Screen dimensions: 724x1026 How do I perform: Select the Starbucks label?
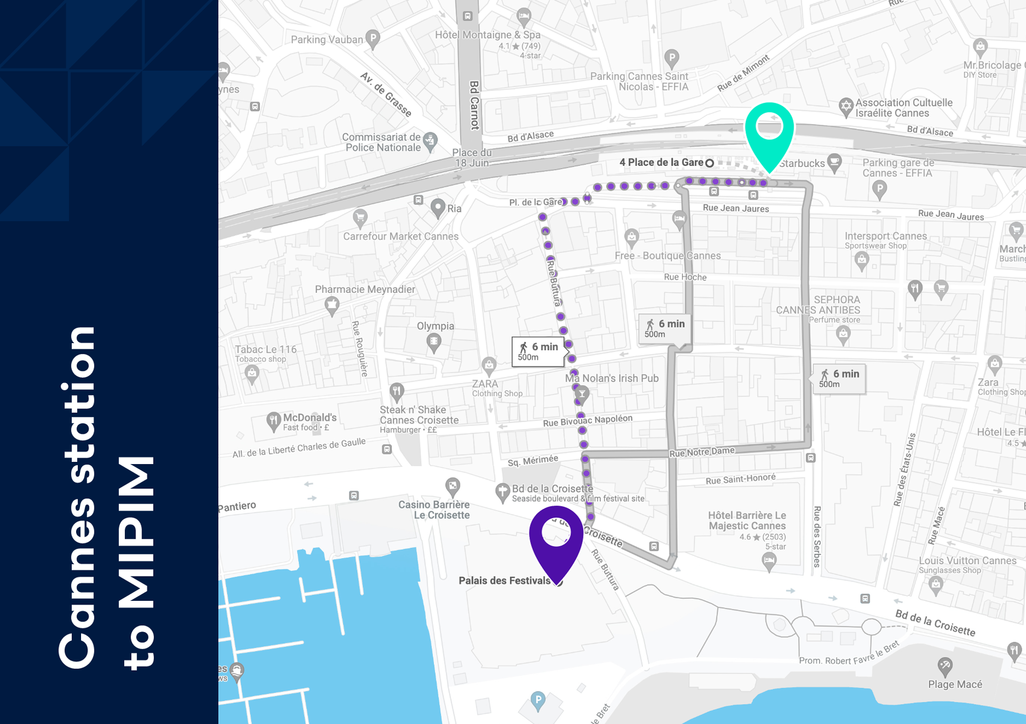tap(802, 163)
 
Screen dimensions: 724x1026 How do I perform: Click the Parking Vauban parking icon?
tap(373, 38)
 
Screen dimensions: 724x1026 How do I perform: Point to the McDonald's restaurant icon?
tap(273, 420)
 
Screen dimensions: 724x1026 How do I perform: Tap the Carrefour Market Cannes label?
tap(400, 236)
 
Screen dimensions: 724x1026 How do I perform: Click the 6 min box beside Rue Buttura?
tap(538, 351)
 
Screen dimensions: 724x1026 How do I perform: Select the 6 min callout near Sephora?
tap(839, 378)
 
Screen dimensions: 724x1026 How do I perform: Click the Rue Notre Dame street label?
tap(702, 452)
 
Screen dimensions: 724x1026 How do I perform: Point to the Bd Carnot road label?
tap(474, 105)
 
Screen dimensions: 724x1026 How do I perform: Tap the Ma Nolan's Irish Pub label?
tap(612, 378)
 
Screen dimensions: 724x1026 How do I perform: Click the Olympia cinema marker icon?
tap(434, 341)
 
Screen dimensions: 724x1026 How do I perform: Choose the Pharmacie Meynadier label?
tap(365, 289)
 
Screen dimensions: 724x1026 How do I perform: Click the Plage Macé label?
tap(955, 684)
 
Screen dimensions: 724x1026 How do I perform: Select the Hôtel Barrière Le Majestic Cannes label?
tap(747, 520)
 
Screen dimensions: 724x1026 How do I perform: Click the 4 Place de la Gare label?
tap(661, 162)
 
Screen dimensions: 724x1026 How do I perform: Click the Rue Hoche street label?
tap(685, 277)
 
